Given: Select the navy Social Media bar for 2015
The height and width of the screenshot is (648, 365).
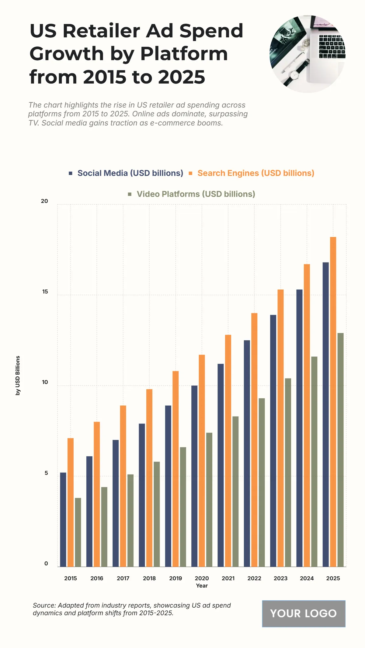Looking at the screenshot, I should [x=63, y=519].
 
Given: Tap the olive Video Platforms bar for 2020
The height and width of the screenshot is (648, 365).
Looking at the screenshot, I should [x=209, y=499].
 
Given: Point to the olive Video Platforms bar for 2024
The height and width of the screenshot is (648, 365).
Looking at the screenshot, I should [x=314, y=461].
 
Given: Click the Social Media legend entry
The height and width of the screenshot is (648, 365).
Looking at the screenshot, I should [x=130, y=173].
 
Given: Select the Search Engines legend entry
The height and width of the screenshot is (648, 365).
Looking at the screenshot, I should [x=255, y=173].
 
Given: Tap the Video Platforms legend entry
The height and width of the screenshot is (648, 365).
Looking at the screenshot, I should [x=196, y=194].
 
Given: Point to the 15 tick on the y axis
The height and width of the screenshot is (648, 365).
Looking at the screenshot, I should [x=45, y=292].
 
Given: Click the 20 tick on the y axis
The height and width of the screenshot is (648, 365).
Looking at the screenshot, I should [x=44, y=201].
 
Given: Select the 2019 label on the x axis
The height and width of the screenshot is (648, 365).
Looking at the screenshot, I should [x=176, y=578].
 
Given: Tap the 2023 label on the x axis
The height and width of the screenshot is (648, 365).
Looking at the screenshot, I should [x=280, y=578].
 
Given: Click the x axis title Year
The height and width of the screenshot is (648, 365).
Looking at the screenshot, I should [x=202, y=586].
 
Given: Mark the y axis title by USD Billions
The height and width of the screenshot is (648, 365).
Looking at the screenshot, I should [x=18, y=375].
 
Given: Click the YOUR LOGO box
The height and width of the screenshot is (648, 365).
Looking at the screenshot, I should [x=304, y=613].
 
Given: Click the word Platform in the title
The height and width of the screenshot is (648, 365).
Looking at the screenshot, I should [x=184, y=54].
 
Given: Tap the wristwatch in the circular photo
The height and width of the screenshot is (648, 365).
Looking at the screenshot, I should [x=295, y=74].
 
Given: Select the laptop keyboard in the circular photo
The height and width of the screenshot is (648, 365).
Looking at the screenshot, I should [x=332, y=46].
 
